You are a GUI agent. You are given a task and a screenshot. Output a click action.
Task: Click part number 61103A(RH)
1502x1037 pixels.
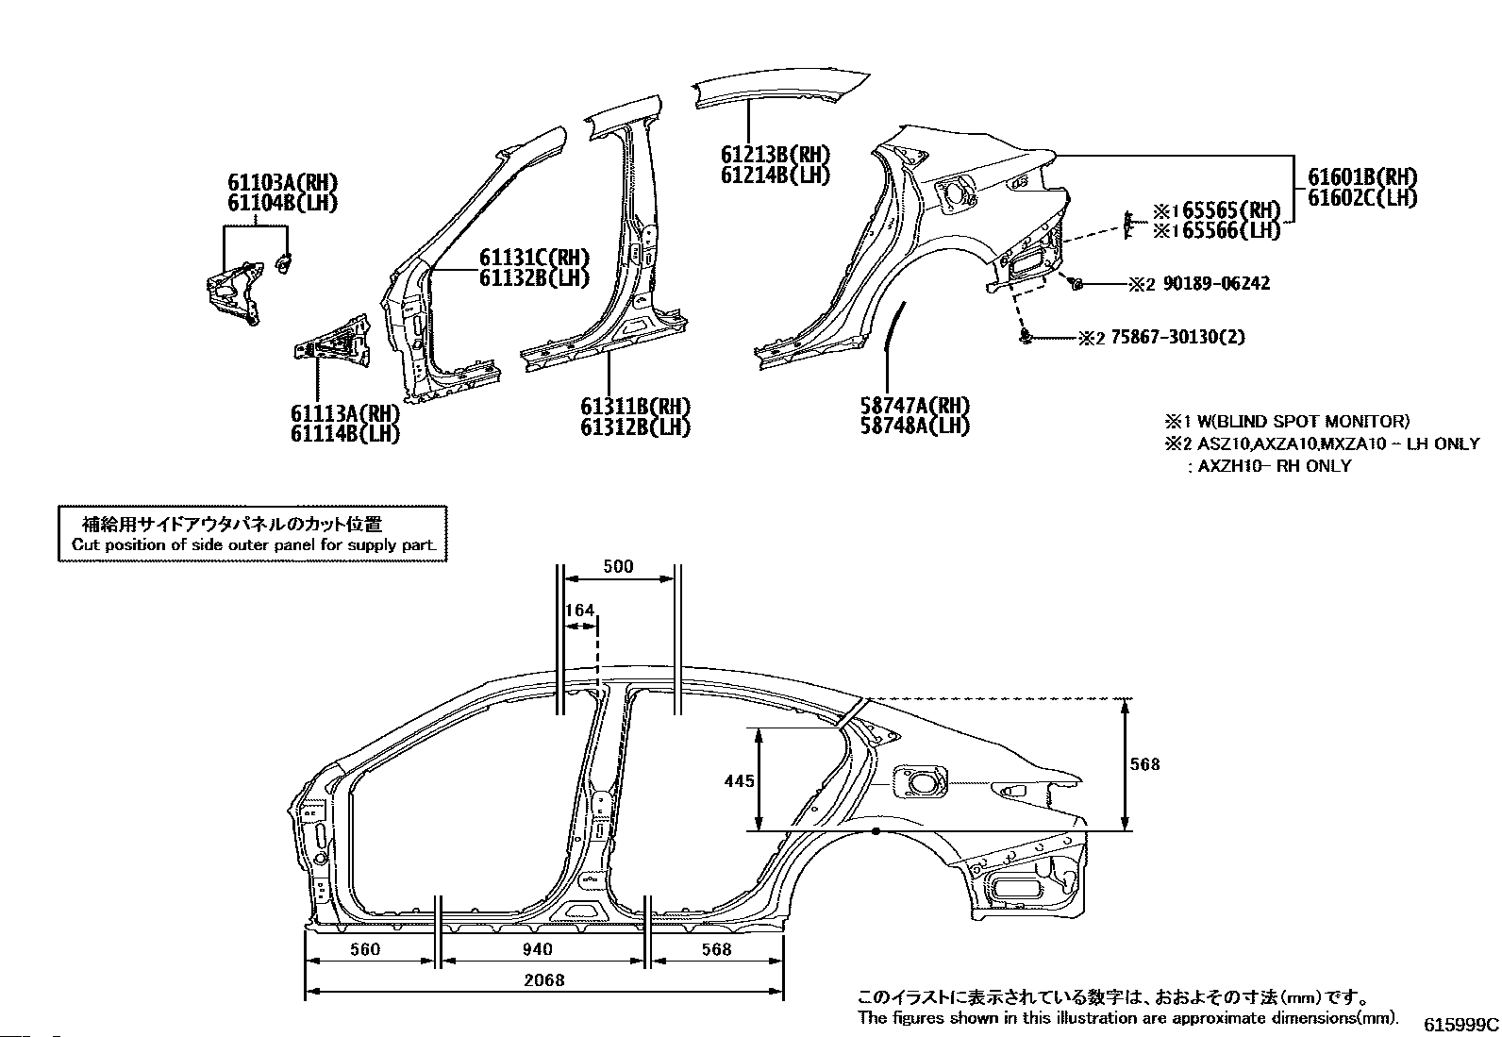pyautogui.click(x=282, y=182)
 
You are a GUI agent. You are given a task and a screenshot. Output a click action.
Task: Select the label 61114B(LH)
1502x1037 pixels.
pyautogui.click(x=344, y=434)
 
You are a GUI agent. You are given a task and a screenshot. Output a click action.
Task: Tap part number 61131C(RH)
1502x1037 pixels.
pyautogui.click(x=534, y=258)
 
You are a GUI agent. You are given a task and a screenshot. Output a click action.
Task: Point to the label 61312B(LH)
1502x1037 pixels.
pyautogui.click(x=635, y=427)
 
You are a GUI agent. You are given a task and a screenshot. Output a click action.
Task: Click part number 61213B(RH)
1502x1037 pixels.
pyautogui.click(x=776, y=155)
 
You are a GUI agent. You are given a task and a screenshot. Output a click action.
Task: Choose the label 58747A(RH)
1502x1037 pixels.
pyautogui.click(x=914, y=406)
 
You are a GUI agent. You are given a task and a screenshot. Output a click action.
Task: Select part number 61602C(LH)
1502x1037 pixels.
pyautogui.click(x=1362, y=198)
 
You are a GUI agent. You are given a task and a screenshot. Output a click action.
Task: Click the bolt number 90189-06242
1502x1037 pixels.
pyautogui.click(x=1216, y=284)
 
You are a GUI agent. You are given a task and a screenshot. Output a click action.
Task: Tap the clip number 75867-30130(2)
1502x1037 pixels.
pyautogui.click(x=1177, y=337)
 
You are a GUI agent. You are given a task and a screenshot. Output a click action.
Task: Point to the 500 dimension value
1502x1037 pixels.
pyautogui.click(x=618, y=567)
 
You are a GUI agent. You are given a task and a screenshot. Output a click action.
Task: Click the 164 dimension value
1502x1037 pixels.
pyautogui.click(x=579, y=610)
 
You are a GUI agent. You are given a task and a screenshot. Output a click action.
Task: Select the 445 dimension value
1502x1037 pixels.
pyautogui.click(x=739, y=780)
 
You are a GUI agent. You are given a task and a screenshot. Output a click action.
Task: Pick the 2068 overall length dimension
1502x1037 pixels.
pyautogui.click(x=543, y=980)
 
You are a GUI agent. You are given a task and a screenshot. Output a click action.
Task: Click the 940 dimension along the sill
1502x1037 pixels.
pyautogui.click(x=537, y=949)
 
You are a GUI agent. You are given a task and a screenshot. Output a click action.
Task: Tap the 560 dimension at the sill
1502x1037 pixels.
pyautogui.click(x=365, y=949)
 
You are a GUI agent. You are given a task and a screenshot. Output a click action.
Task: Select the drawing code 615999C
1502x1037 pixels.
pyautogui.click(x=1460, y=1024)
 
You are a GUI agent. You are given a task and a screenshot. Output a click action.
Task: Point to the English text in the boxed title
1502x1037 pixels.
pyautogui.click(x=254, y=544)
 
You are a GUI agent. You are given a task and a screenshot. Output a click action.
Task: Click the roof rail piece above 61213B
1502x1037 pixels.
pyautogui.click(x=781, y=90)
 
